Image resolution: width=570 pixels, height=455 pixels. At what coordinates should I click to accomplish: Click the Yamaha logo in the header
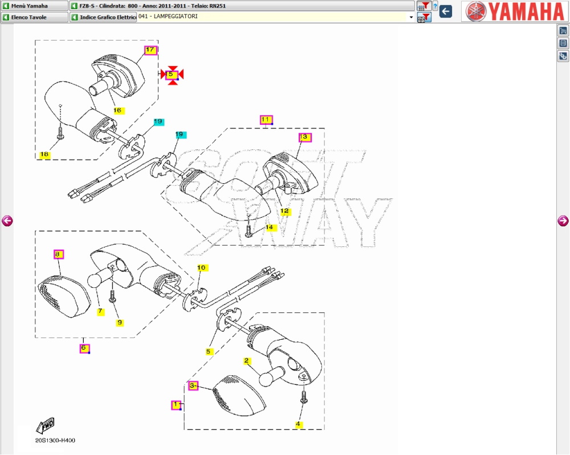pos(515,11)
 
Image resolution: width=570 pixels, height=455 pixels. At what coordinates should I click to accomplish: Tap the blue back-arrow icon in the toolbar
pos(446,11)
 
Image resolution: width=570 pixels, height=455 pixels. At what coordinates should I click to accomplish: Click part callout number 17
pos(150,50)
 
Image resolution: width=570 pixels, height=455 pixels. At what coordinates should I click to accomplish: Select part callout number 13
pos(304,137)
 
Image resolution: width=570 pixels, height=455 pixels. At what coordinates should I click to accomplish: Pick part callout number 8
pos(59,254)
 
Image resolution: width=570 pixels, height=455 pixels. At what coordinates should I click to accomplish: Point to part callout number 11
pos(266,119)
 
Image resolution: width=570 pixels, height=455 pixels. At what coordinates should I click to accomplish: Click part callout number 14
pos(270,227)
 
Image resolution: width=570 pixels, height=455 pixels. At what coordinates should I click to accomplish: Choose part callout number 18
pos(44,155)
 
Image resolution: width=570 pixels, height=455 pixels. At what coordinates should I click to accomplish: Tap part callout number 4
pos(298,424)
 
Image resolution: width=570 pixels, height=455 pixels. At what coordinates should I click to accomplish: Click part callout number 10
pos(201,267)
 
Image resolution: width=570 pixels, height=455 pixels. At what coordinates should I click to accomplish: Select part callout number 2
pos(247,361)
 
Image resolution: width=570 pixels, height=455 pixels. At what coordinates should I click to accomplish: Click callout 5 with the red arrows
pos(172,74)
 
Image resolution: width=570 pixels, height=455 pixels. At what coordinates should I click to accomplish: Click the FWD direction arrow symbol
pos(45,425)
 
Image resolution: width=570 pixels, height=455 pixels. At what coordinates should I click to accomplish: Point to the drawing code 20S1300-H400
pos(55,440)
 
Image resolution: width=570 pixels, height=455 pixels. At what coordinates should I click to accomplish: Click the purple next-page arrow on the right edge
pos(563,221)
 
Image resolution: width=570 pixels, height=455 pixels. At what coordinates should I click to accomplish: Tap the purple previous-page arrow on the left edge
pos(7,221)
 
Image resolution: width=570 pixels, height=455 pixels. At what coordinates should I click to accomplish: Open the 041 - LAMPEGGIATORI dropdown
pos(411,17)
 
